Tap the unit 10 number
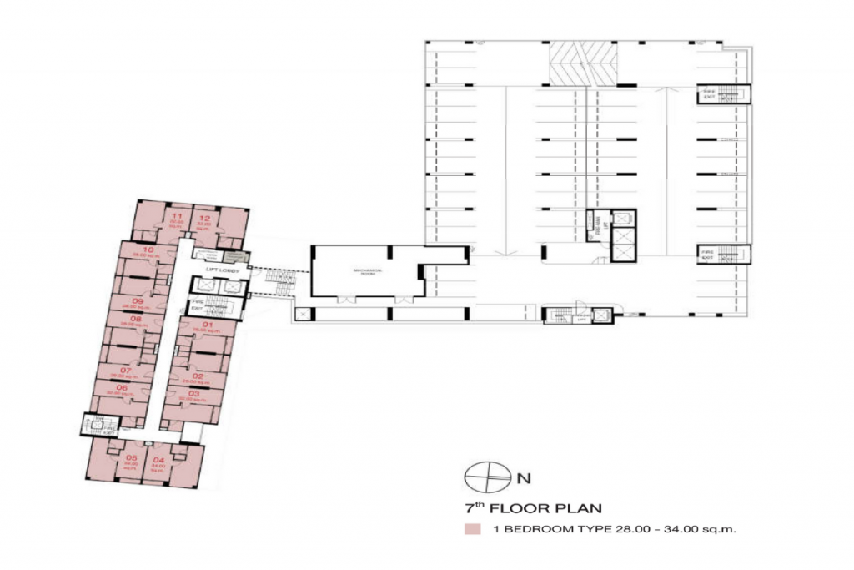(148, 250)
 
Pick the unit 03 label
(193, 392)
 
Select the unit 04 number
(158, 459)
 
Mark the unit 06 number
(122, 387)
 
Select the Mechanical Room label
(365, 271)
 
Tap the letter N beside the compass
(524, 479)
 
